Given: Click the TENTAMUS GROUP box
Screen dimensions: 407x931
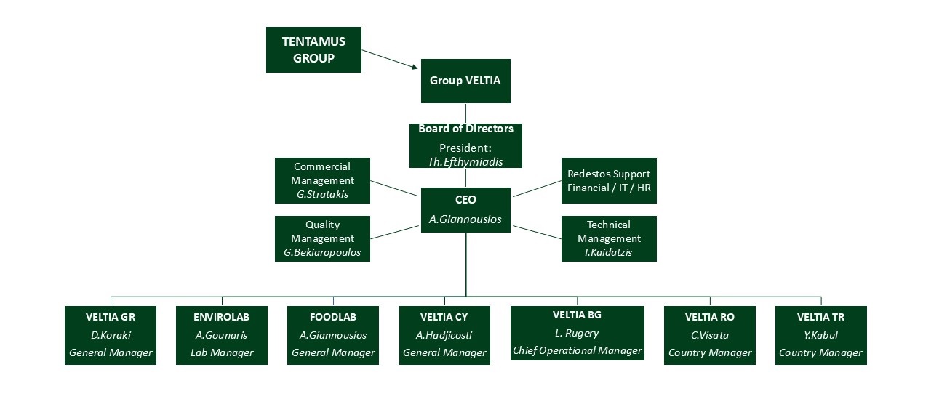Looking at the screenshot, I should tap(313, 50).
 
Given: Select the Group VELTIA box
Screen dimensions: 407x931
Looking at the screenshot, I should tap(465, 81).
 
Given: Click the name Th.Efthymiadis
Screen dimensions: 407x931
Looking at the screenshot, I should tap(465, 161).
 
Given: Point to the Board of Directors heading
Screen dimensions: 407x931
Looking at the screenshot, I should tap(465, 129).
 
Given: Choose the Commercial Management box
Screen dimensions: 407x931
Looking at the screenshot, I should tap(322, 180).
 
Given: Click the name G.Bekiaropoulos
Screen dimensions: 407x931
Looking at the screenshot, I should tap(322, 253).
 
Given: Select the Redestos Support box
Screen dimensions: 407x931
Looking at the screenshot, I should tap(609, 180).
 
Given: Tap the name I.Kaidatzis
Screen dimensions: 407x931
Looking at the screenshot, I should tap(609, 252).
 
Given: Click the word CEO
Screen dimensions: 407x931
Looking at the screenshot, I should tap(465, 200).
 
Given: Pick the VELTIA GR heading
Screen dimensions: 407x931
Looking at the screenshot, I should tap(111, 317).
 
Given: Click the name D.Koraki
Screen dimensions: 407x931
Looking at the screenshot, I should tap(111, 335).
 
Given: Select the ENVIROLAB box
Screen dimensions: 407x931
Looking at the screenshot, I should tap(222, 335).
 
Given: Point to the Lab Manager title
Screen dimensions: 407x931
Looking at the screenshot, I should tap(222, 353).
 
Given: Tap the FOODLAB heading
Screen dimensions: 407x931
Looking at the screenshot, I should tap(333, 317).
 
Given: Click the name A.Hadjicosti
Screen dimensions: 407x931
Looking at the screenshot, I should tap(444, 335).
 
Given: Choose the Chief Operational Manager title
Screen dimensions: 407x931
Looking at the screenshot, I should tap(578, 351).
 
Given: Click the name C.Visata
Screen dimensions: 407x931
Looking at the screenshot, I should tap(710, 335).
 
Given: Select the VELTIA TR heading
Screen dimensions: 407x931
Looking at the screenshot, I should tap(821, 317).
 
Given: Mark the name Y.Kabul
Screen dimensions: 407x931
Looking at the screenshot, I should tap(821, 335).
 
